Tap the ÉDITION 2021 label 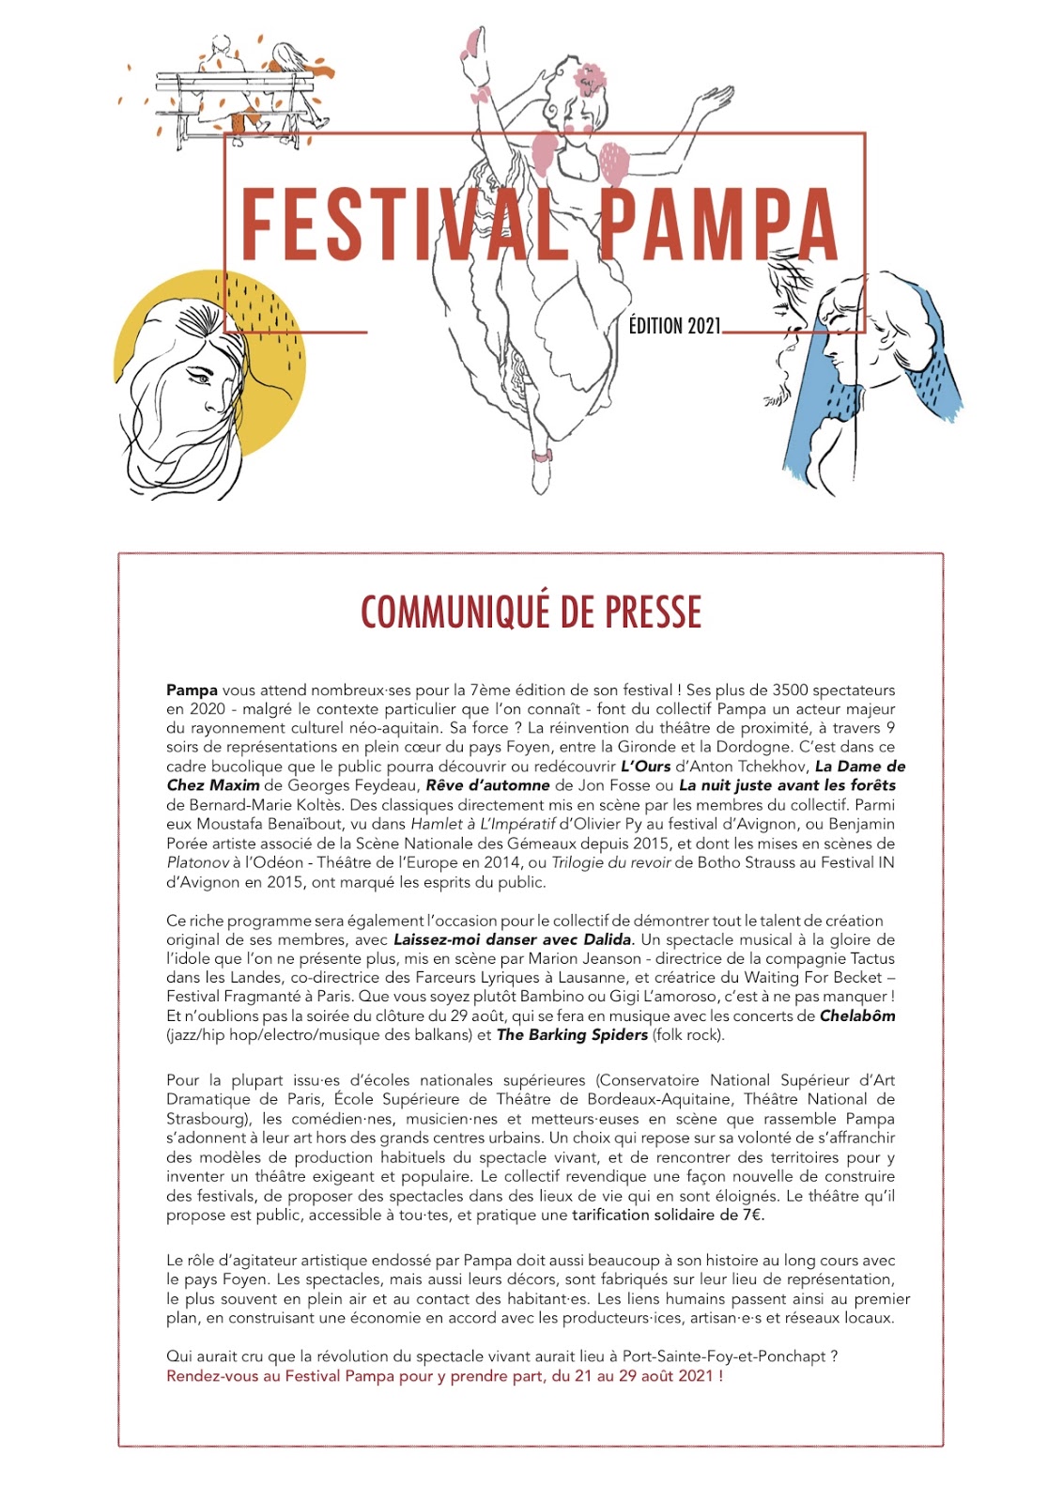674,326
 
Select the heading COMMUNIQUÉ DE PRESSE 531,612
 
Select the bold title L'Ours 646,767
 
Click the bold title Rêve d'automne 487,785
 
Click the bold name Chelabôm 856,1015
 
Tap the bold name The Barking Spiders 572,1035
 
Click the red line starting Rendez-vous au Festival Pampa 444,1376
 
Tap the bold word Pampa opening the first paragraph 192,690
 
